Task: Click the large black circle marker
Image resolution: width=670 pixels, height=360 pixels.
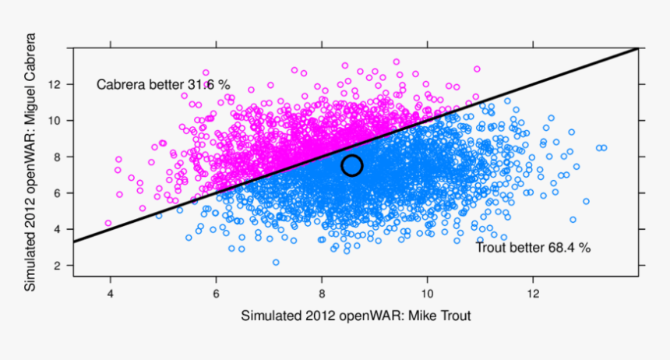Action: (352, 165)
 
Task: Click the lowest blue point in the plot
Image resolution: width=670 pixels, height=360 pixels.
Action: (276, 263)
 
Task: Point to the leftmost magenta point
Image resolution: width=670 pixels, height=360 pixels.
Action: (108, 223)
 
